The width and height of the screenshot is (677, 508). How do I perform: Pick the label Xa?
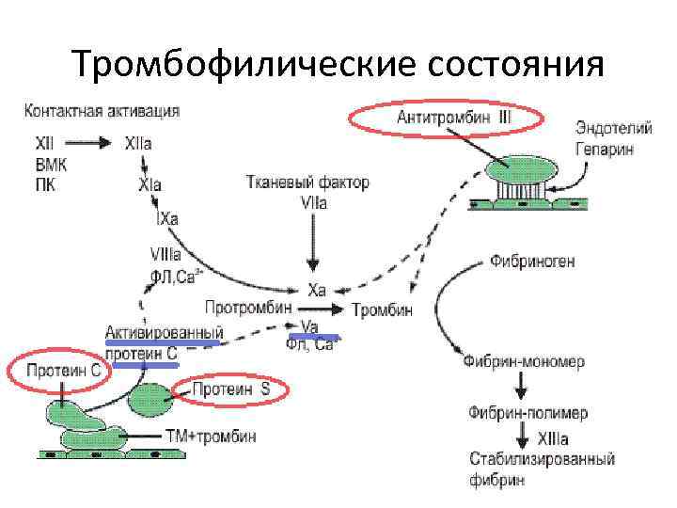tap(317, 290)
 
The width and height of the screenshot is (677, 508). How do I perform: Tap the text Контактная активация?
tap(102, 110)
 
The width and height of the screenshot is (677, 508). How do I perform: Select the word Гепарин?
tap(605, 149)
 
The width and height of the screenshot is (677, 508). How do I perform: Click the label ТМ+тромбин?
tap(210, 437)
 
